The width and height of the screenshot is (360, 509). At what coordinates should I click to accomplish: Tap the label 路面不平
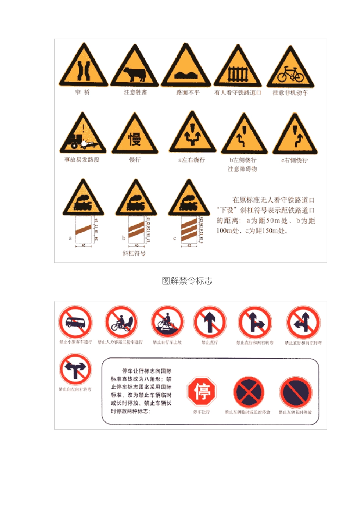tap(188, 92)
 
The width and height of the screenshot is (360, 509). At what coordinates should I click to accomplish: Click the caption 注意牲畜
tap(135, 92)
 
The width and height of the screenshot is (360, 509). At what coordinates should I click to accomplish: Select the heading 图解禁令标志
tap(187, 281)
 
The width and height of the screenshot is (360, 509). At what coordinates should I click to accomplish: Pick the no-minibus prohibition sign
tap(75, 322)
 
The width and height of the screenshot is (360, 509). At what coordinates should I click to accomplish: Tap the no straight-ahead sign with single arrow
tap(210, 322)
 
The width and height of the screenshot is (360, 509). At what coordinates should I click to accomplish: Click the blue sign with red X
tap(248, 392)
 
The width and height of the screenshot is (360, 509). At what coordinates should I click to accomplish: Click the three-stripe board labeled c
tap(189, 230)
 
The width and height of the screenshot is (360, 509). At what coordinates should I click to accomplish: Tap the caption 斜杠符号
tap(134, 253)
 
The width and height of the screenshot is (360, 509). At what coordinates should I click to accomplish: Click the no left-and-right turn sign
tap(75, 370)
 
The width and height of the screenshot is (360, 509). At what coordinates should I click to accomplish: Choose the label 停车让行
tap(201, 412)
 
